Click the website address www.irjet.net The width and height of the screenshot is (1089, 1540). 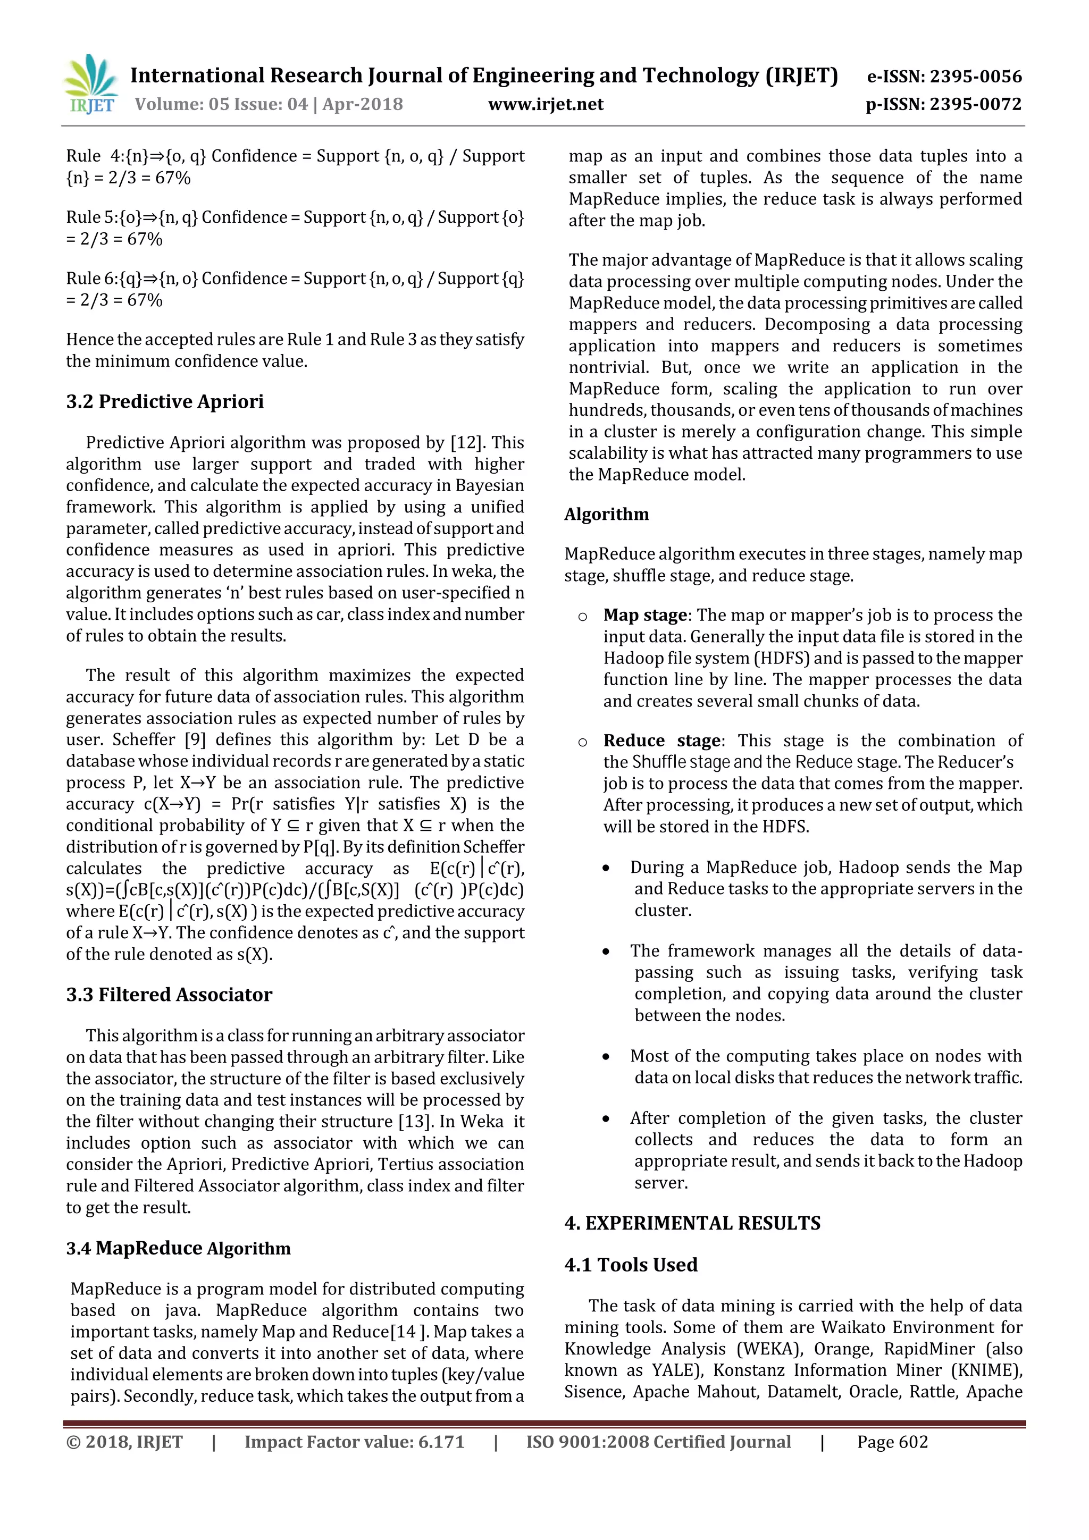[546, 105]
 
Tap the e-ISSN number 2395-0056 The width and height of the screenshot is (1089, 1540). [975, 77]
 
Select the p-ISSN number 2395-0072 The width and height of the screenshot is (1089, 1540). [975, 105]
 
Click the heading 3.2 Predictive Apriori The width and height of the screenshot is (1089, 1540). [164, 401]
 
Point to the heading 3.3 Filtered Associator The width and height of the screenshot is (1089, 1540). [169, 994]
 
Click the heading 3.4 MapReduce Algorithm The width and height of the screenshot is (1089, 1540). [179, 1248]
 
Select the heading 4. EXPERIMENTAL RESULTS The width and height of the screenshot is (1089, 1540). [692, 1223]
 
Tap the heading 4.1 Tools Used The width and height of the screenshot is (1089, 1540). [631, 1264]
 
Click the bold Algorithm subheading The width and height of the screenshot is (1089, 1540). [607, 515]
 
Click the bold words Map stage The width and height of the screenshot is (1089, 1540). [645, 615]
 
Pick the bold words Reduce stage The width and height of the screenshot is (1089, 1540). [661, 740]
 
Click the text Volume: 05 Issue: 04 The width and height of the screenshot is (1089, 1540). [221, 105]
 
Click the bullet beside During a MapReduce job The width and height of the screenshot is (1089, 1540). [606, 868]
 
